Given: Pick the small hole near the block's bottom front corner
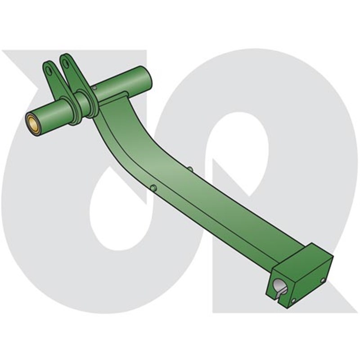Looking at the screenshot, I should click(293, 300).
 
